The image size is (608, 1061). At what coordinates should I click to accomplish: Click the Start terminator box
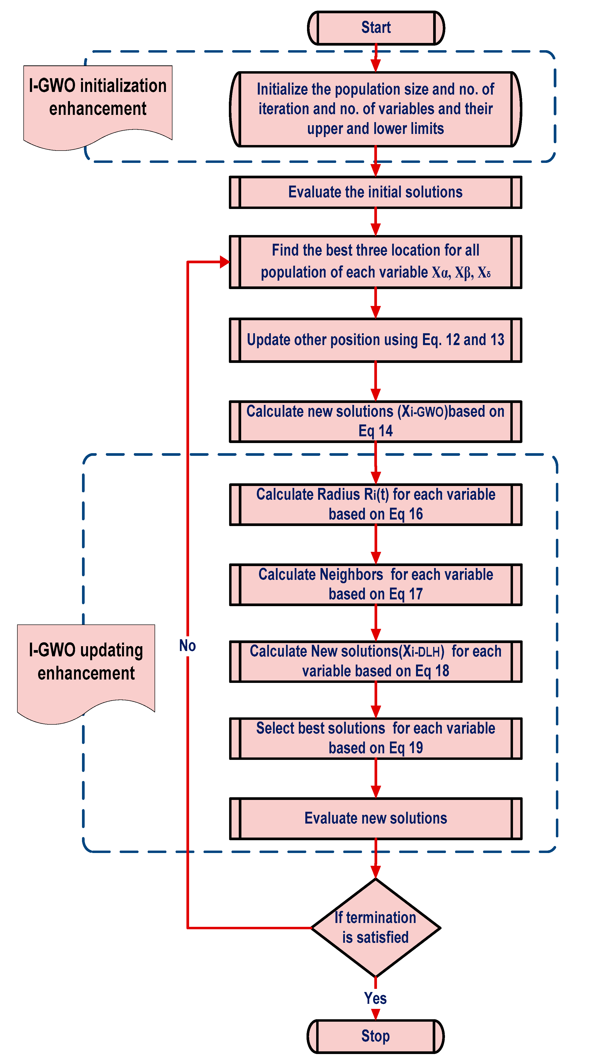coord(376,28)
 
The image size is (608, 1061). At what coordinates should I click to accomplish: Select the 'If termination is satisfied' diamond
coord(376,928)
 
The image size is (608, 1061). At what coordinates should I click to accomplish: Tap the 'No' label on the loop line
coord(187,646)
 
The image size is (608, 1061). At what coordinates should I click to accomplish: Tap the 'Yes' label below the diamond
coord(376,998)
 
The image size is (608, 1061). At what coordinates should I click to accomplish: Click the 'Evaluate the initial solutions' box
coord(376,192)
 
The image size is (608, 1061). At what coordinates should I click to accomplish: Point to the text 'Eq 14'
coord(376,431)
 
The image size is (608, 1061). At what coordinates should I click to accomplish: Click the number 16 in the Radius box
coord(416,514)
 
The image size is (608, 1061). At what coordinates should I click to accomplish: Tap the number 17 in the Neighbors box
coord(416,594)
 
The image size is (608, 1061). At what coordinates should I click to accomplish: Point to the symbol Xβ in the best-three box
coord(463,273)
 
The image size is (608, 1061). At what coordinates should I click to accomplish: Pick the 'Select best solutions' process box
coord(376,738)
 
